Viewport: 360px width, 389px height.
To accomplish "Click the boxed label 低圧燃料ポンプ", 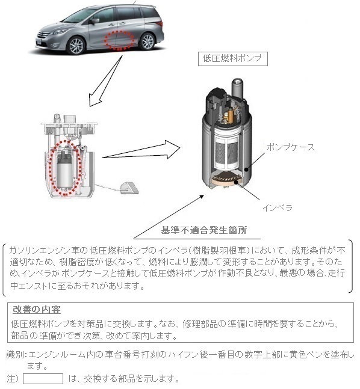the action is point(232,59).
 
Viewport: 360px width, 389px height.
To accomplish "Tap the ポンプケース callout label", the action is point(290,147).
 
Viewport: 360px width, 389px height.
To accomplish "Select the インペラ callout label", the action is point(278,207).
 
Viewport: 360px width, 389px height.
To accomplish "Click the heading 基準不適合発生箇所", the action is point(203,230).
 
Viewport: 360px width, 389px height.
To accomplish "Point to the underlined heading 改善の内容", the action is point(37,310).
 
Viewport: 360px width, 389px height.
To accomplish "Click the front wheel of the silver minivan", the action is point(76,46).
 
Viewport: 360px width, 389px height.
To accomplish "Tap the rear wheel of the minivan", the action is point(147,41).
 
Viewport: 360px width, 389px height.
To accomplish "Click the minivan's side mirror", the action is point(95,21).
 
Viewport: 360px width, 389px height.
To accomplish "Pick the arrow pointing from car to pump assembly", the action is point(105,81).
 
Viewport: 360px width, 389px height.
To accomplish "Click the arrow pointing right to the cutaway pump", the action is point(141,150).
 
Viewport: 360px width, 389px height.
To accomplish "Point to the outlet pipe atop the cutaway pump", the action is point(238,88).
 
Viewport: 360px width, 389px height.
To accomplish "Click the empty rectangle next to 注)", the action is point(43,379).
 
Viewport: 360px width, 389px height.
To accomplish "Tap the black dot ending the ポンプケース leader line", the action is point(246,170).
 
